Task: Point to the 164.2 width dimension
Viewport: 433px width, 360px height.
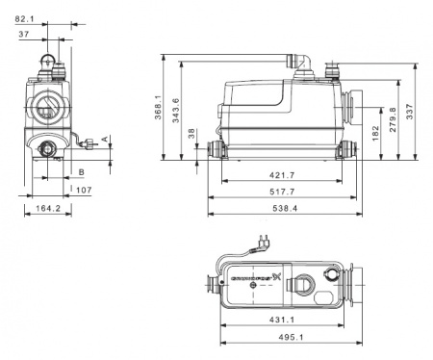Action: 43,208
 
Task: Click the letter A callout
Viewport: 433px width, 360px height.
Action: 105,140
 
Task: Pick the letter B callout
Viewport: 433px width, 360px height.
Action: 82,170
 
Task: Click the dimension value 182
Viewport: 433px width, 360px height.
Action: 374,129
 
